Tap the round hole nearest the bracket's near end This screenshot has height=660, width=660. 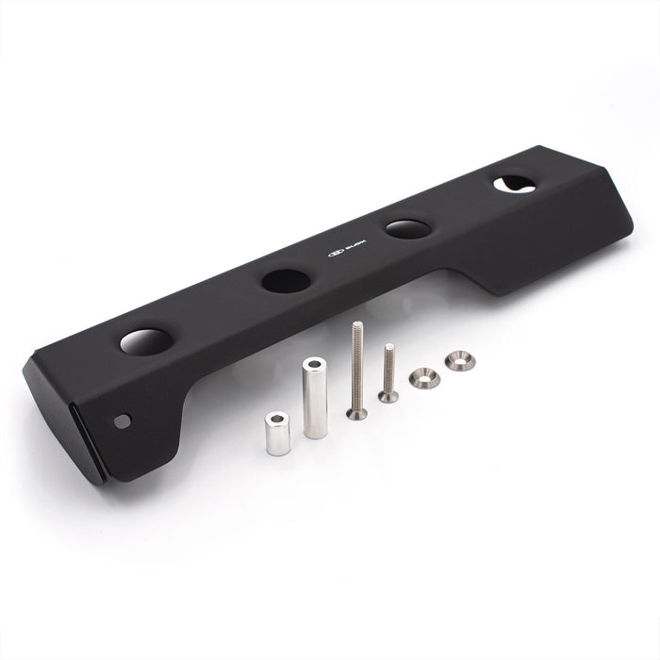point(146,340)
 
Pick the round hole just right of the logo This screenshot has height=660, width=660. point(408,228)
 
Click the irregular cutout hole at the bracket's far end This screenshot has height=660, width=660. point(514,185)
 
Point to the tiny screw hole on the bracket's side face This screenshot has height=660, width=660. point(122,421)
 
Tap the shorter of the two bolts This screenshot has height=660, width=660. point(388,373)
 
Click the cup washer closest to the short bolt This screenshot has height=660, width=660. point(424,378)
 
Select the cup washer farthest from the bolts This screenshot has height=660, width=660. point(460,360)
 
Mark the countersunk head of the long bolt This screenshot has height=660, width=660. point(356,412)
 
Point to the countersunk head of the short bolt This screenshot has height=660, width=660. point(388,397)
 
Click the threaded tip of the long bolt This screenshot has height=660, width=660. point(356,326)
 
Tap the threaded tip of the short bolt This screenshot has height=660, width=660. point(388,348)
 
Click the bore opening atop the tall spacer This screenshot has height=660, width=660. point(314,364)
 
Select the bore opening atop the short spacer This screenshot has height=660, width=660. point(278,418)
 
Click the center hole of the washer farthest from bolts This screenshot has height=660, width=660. point(460,359)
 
